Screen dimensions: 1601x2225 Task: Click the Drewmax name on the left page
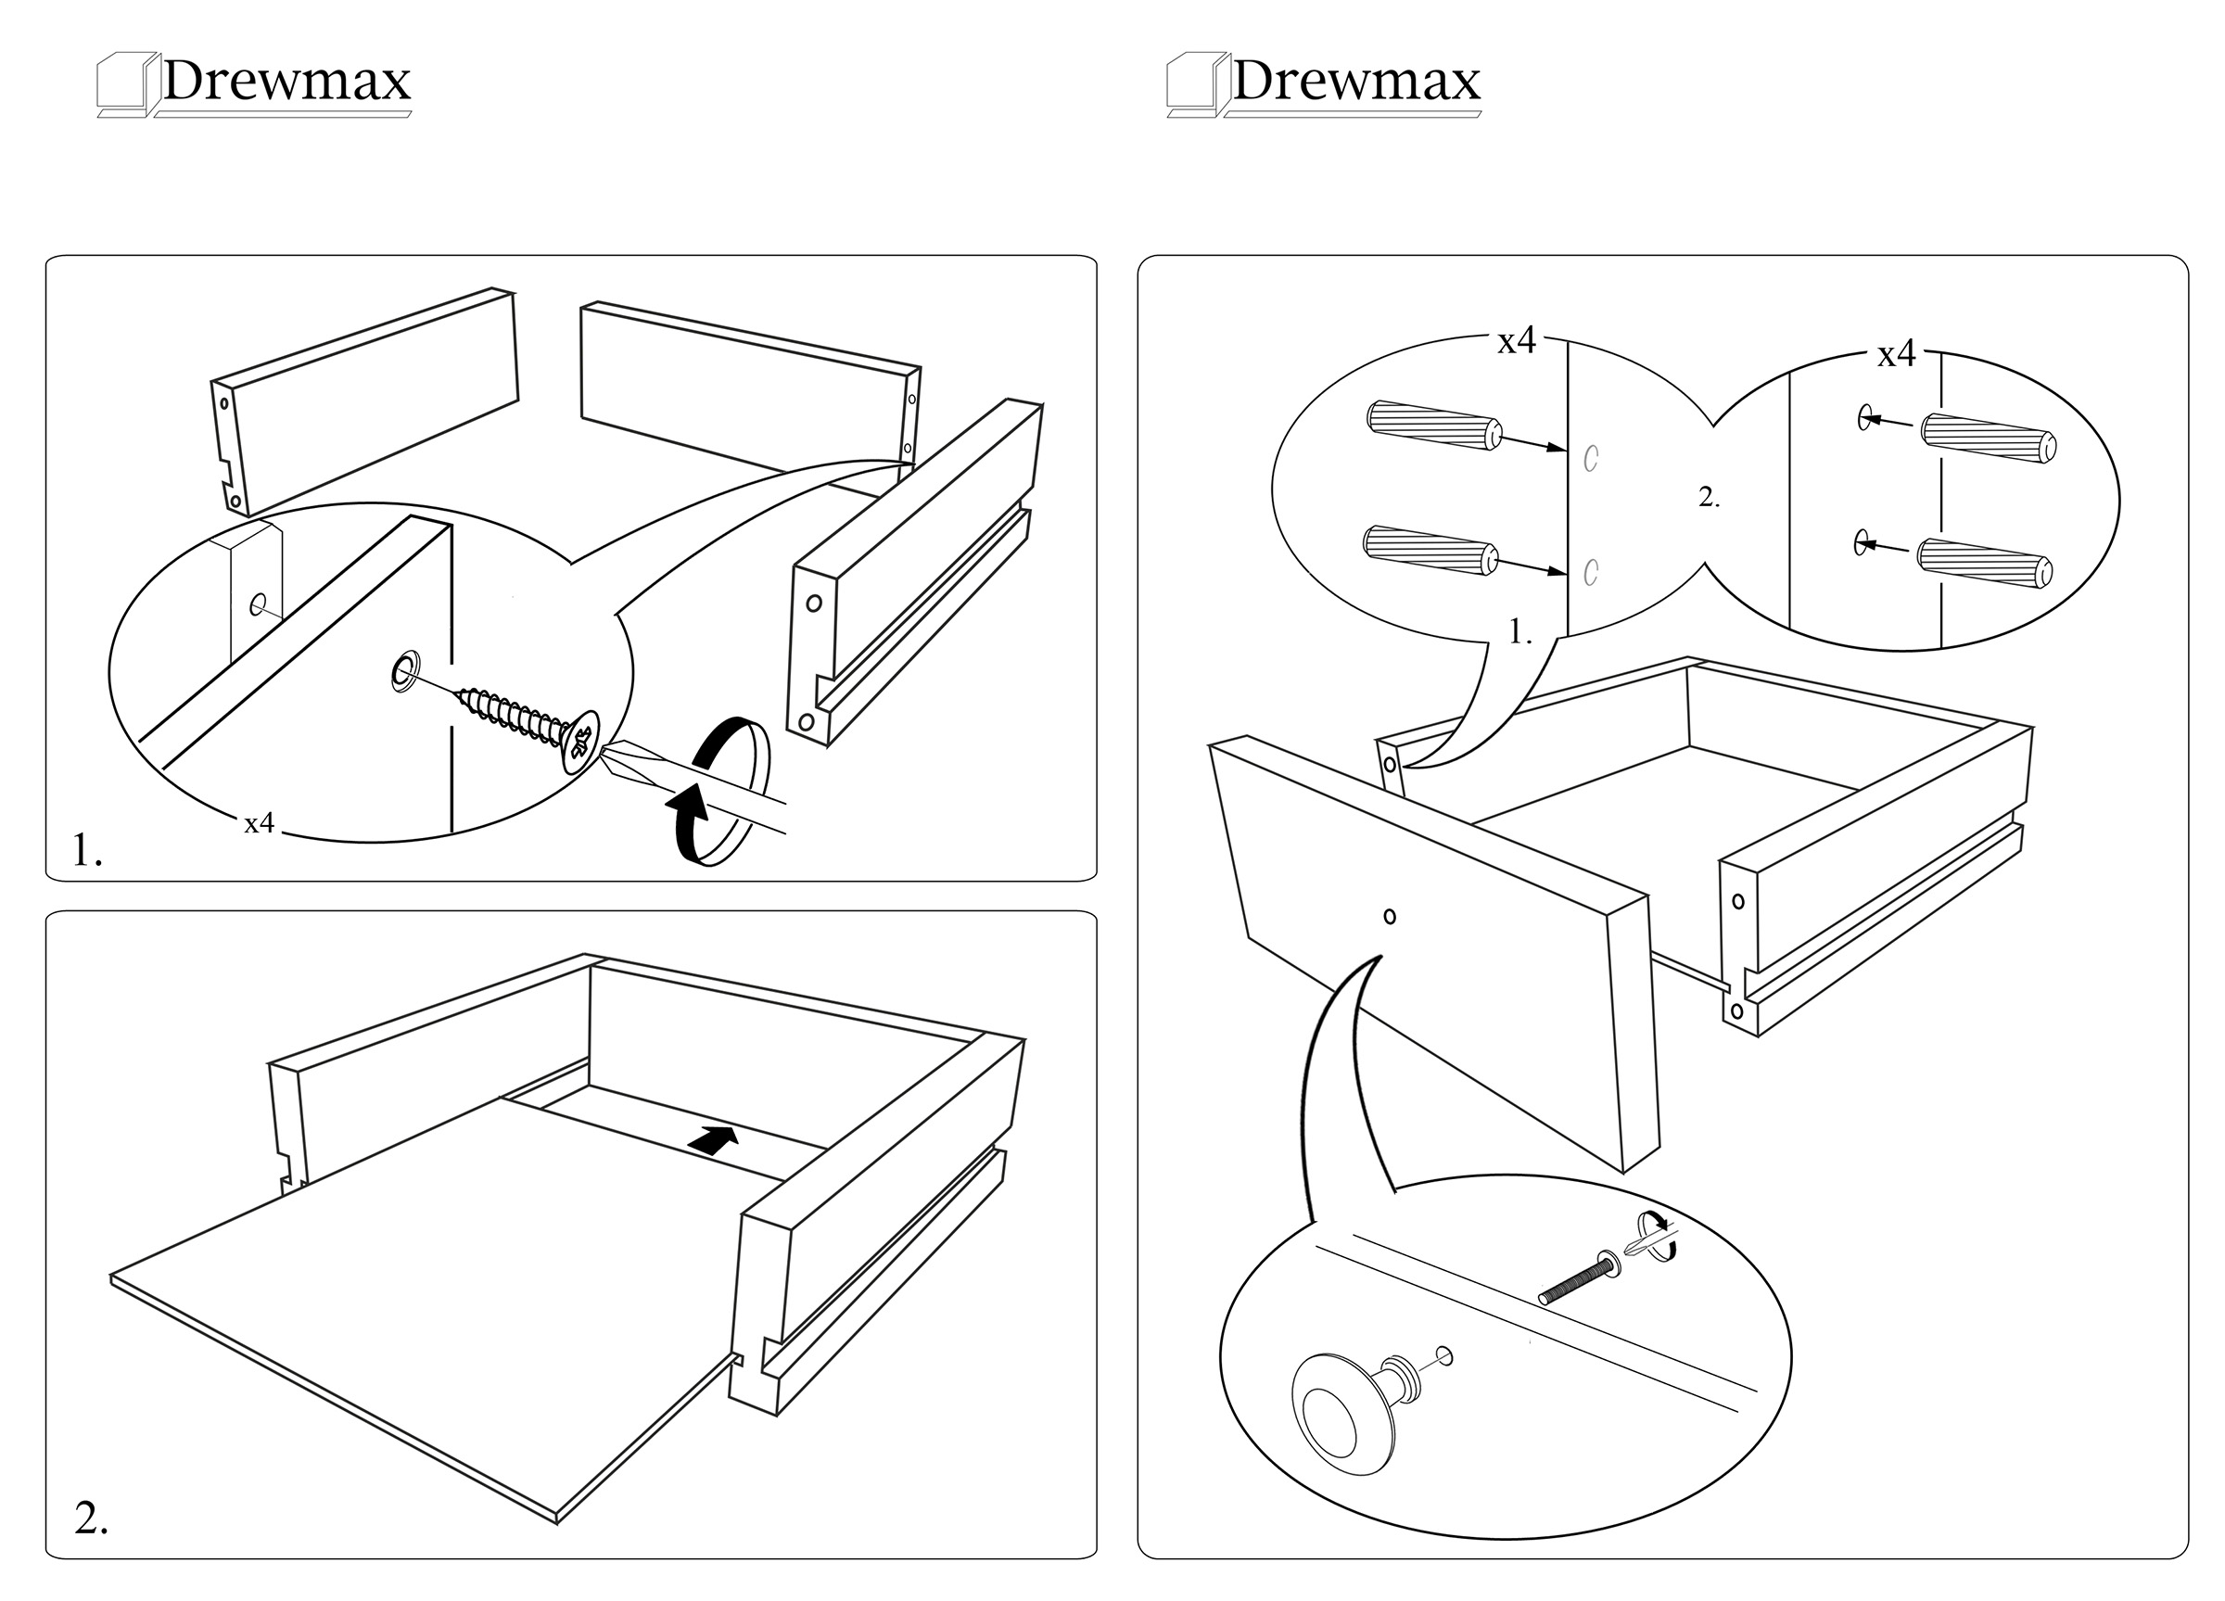click(286, 81)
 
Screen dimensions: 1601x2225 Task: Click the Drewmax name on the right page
click(1355, 81)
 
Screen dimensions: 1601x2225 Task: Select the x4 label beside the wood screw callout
click(259, 824)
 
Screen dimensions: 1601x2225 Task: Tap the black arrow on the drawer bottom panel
click(713, 1138)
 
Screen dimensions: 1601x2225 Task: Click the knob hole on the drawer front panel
click(1389, 916)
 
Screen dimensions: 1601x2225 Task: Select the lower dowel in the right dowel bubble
click(1985, 562)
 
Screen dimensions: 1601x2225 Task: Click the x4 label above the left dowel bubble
click(1516, 341)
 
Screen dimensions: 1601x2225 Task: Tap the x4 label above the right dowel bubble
click(1897, 354)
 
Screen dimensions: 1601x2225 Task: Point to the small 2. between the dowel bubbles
click(1709, 498)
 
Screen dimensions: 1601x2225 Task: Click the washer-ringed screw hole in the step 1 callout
click(402, 670)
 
